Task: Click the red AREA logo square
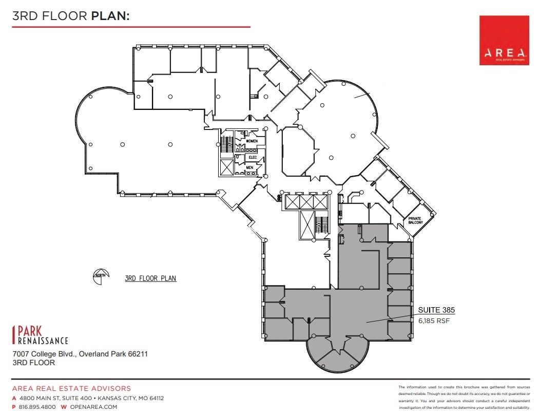pos(504,40)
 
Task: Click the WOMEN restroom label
pos(252,141)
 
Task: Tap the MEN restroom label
pos(249,167)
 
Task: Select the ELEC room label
pos(252,157)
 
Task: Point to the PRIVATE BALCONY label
pos(415,220)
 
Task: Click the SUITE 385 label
pos(436,310)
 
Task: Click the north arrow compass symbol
pos(100,276)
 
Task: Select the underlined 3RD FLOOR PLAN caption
pos(150,278)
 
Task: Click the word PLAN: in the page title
pos(110,16)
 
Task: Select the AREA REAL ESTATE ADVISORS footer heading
pos(71,389)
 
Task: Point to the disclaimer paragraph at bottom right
pos(463,397)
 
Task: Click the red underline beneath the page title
pos(131,27)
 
